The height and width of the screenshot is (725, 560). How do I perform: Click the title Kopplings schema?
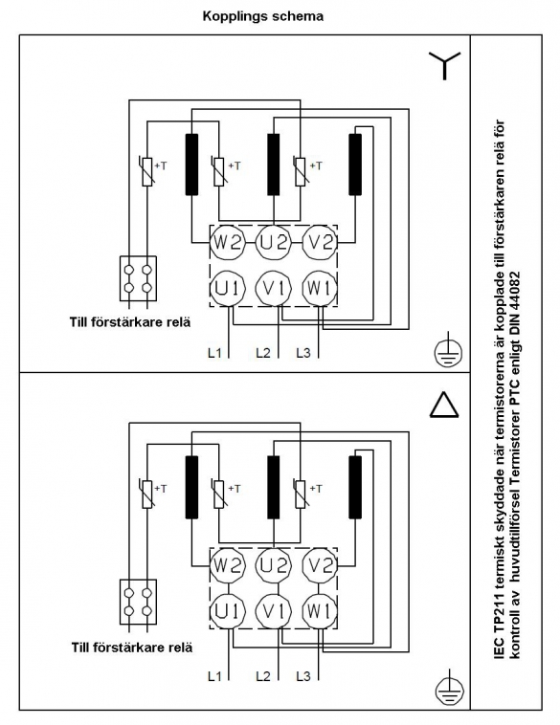click(263, 16)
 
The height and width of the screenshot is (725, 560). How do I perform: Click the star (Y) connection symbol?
click(444, 65)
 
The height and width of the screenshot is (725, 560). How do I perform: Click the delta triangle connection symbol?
click(444, 406)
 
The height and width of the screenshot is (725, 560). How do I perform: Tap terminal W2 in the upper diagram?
click(227, 242)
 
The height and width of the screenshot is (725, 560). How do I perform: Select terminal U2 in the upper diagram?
click(274, 242)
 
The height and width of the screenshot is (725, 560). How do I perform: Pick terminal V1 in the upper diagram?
click(274, 289)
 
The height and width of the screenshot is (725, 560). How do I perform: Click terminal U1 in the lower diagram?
click(227, 611)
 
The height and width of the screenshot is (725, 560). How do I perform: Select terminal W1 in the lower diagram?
click(320, 611)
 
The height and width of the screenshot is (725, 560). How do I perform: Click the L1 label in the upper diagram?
click(214, 353)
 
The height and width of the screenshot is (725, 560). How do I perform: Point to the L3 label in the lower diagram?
click(303, 676)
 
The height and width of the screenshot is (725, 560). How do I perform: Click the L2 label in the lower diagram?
click(263, 676)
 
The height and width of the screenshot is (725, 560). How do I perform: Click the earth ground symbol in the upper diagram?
click(448, 354)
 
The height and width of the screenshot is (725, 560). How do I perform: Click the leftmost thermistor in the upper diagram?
click(146, 171)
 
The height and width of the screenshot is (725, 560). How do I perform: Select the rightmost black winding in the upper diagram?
click(355, 165)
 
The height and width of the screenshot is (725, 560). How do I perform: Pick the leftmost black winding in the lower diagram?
click(191, 487)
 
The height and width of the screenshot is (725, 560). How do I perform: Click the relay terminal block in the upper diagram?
click(138, 279)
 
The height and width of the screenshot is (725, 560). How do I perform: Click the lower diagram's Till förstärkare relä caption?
click(132, 647)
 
